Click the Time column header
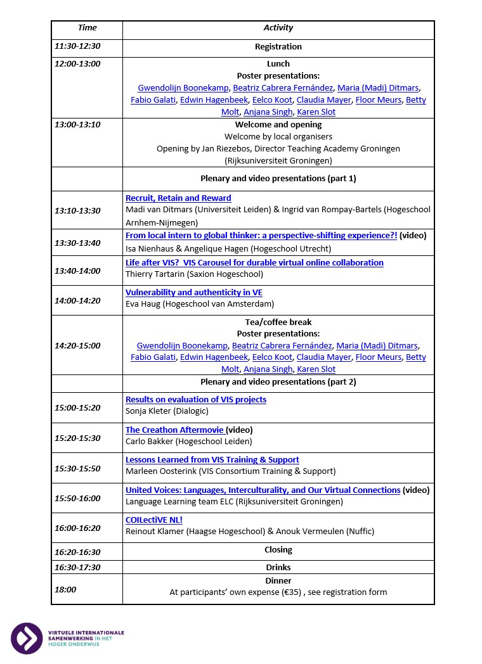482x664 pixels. (x=87, y=28)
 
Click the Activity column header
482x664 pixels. (x=278, y=28)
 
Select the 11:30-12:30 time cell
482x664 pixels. (x=77, y=46)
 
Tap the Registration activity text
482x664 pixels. (x=278, y=46)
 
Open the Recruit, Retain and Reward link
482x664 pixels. (x=178, y=198)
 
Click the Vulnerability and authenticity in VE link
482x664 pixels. (x=194, y=293)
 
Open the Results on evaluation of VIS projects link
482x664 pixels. (x=196, y=400)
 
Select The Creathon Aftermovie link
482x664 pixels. (x=174, y=430)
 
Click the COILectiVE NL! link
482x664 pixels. (x=154, y=520)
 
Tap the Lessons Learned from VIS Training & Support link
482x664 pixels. (x=212, y=460)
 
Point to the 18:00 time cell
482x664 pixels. (x=65, y=590)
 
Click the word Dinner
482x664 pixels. (x=278, y=580)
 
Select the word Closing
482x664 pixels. (x=278, y=550)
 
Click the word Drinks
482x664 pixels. (x=278, y=568)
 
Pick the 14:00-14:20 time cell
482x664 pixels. (x=77, y=301)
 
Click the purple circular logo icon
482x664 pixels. (x=27, y=638)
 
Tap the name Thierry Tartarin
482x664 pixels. (x=155, y=274)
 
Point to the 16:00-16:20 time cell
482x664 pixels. (x=77, y=528)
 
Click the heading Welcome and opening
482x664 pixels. (x=278, y=125)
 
